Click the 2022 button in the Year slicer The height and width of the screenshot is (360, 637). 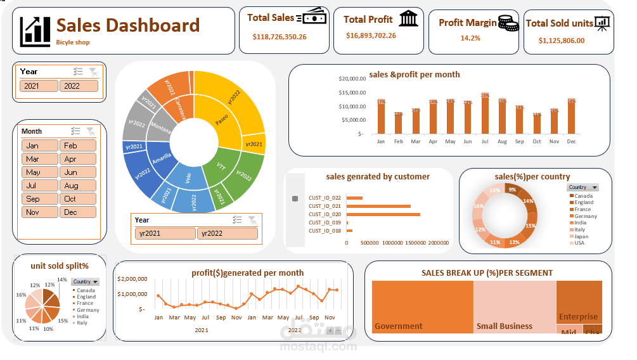79,86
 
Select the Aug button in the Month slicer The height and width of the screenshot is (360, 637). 78,186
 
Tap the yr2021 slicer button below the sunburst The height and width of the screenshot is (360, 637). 164,233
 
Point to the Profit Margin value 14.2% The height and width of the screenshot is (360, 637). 470,38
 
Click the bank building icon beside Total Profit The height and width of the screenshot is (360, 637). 409,18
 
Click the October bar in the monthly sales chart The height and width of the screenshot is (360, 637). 537,124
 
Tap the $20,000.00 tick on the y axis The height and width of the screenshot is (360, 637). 352,79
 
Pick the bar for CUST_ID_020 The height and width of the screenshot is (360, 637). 383,214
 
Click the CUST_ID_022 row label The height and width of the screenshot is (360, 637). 325,198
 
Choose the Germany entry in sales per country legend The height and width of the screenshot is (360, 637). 586,216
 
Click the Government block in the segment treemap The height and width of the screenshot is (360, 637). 422,306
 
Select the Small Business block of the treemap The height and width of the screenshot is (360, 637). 514,306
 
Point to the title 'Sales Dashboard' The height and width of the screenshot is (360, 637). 128,25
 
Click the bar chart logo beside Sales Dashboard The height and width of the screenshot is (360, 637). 35,30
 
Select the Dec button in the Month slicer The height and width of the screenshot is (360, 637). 78,212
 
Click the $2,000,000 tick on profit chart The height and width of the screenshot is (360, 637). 132,279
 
